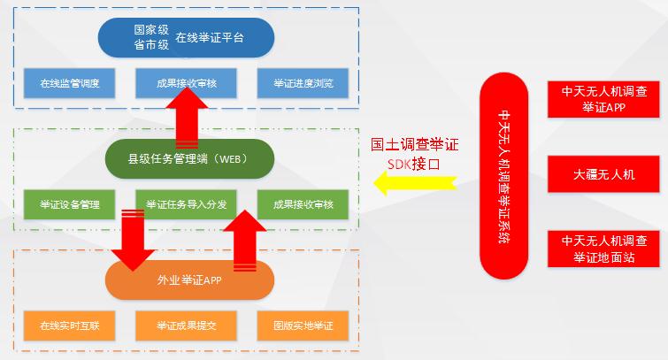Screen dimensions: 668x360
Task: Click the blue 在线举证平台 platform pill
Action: tap(186, 37)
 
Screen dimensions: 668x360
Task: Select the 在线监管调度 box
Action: tap(69, 83)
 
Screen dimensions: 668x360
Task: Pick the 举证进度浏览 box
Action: tap(303, 83)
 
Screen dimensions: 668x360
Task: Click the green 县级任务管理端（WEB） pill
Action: tap(189, 159)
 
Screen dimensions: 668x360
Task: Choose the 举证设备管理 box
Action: tap(69, 204)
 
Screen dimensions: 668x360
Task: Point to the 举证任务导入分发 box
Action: tap(186, 204)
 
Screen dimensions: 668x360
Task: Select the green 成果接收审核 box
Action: tap(303, 204)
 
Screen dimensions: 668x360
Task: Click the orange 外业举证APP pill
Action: tap(189, 280)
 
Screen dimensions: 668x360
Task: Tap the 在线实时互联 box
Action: tap(69, 326)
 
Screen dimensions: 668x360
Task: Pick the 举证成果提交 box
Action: tap(186, 326)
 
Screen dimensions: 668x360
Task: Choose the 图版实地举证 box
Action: tap(303, 326)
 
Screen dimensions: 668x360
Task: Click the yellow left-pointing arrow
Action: tap(415, 183)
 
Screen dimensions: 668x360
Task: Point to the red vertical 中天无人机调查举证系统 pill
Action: tap(504, 176)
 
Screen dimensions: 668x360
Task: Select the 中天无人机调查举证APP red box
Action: tap(603, 99)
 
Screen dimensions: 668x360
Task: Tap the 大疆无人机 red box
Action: tap(603, 174)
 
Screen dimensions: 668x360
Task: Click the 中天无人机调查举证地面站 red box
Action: tap(603, 249)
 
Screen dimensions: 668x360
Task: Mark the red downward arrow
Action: tap(133, 241)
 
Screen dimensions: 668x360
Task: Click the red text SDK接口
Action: tap(413, 164)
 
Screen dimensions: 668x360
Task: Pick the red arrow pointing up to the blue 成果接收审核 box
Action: tap(187, 118)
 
